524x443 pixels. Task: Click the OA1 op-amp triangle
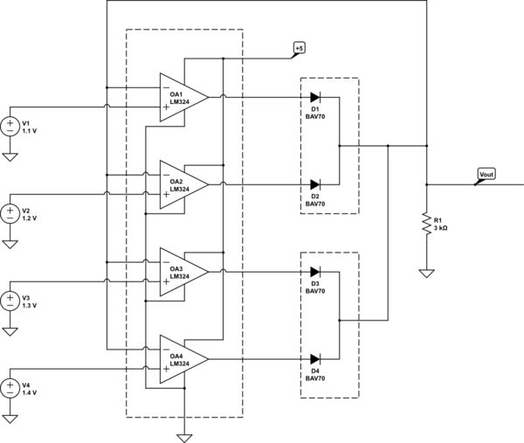point(182,97)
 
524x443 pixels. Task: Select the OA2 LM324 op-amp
point(182,184)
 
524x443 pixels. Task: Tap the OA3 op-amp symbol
point(182,272)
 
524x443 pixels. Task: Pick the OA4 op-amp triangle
point(182,359)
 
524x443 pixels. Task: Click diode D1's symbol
point(315,97)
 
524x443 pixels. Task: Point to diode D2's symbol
point(315,184)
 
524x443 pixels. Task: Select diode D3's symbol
point(315,272)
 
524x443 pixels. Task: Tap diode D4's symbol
point(315,359)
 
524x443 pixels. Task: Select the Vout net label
point(486,175)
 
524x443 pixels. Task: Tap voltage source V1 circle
point(10,126)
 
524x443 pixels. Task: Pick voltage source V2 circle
point(10,213)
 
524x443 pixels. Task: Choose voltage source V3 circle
point(10,301)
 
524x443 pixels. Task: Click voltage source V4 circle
point(10,388)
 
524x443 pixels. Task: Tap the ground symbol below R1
point(426,273)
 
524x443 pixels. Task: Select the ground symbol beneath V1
point(10,157)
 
